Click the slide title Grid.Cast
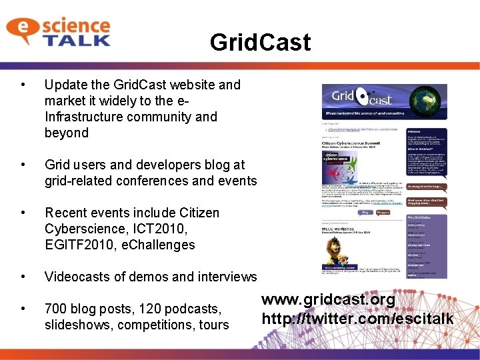[x=259, y=43]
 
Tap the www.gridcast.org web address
[x=328, y=300]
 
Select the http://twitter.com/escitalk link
[x=357, y=319]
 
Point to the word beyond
[x=66, y=133]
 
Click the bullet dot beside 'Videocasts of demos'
[x=23, y=277]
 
